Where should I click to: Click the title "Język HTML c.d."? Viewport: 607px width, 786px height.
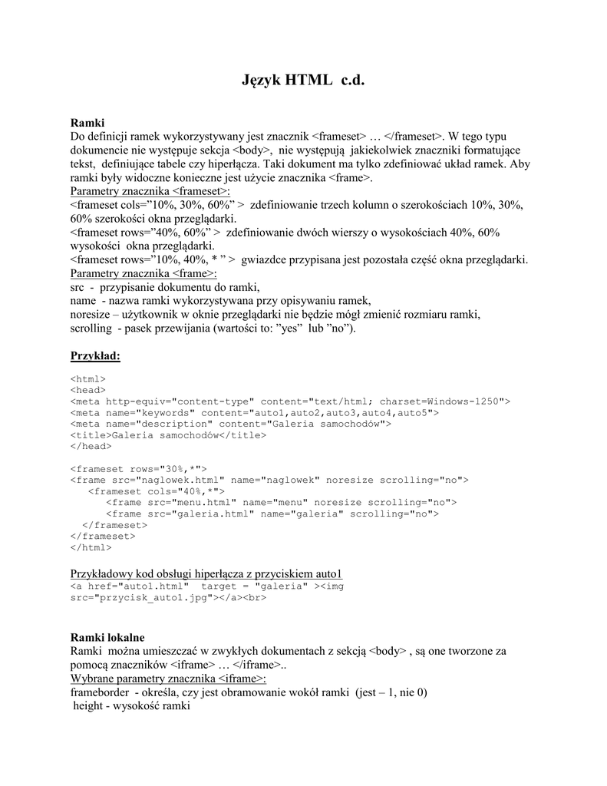[303, 80]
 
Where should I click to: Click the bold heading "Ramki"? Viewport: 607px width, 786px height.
[87, 122]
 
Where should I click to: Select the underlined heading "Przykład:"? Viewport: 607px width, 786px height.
[95, 356]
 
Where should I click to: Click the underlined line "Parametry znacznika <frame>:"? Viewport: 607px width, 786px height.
[144, 273]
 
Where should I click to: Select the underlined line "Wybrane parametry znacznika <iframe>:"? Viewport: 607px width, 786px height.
[168, 679]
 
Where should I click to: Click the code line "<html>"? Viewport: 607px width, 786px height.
[87, 378]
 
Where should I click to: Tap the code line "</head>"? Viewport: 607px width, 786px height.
[91, 446]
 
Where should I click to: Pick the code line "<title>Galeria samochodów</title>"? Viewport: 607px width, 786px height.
[168, 435]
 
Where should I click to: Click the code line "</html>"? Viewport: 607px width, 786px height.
[91, 548]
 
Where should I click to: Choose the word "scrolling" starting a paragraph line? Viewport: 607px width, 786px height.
[91, 329]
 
